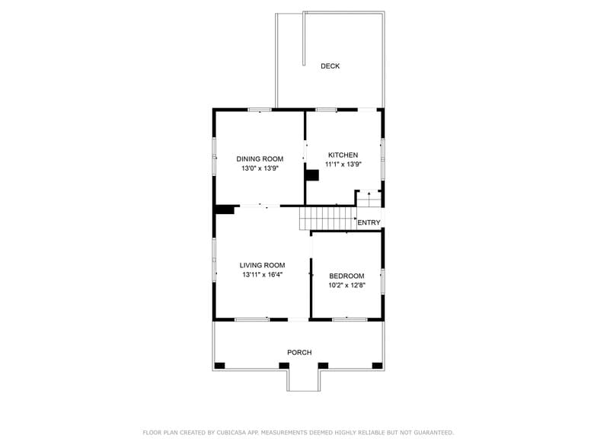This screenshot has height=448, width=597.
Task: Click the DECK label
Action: [x=330, y=66]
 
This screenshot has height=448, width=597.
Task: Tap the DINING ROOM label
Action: [x=260, y=159]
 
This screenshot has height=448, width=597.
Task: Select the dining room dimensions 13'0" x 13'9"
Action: [x=260, y=168]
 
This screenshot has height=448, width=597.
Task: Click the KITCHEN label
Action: [x=343, y=155]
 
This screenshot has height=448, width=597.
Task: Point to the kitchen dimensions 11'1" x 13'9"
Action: [x=343, y=164]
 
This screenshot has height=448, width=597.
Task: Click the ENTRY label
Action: [x=369, y=222]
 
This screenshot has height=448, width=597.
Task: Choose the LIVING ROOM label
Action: [x=262, y=265]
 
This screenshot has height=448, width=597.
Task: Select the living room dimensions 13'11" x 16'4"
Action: [x=262, y=274]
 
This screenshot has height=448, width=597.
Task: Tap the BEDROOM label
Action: [x=346, y=276]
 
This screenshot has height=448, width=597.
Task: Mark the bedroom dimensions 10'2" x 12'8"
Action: [x=346, y=285]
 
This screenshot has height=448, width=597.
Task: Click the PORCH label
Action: [x=299, y=352]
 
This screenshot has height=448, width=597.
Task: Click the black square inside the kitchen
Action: [x=311, y=175]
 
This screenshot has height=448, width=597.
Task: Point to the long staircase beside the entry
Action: [x=327, y=218]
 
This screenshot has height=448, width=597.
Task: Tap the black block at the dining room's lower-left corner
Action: [x=224, y=210]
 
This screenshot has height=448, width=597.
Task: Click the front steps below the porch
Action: [x=303, y=379]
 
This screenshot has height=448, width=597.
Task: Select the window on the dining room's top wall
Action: [x=260, y=110]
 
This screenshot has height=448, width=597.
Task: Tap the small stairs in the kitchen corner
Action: [x=369, y=199]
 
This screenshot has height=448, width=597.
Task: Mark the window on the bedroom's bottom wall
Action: [x=350, y=319]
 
